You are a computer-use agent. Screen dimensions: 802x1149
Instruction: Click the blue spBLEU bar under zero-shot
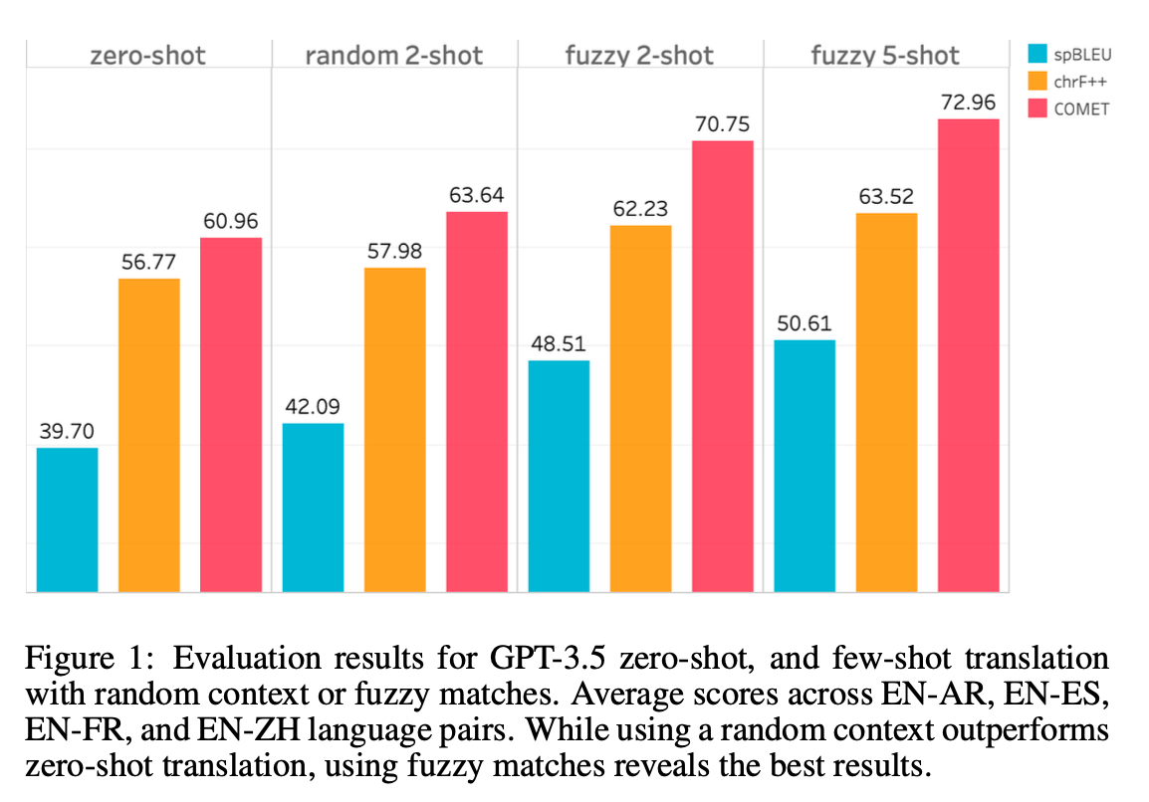pyautogui.click(x=68, y=519)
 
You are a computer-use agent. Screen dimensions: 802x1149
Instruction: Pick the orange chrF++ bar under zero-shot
pyautogui.click(x=149, y=435)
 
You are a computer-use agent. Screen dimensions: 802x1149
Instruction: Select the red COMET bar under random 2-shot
pyautogui.click(x=476, y=402)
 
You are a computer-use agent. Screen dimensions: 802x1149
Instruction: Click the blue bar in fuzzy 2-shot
pyautogui.click(x=559, y=476)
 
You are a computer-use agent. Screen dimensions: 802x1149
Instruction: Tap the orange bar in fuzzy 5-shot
pyautogui.click(x=886, y=402)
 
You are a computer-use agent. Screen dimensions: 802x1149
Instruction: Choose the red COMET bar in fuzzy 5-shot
pyautogui.click(x=968, y=355)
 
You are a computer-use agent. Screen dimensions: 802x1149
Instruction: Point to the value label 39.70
pyautogui.click(x=68, y=432)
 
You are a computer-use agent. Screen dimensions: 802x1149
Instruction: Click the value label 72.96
pyautogui.click(x=968, y=102)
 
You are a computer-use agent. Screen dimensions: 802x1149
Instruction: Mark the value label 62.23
pyautogui.click(x=640, y=209)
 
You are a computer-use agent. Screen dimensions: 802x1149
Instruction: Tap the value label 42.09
pyautogui.click(x=313, y=407)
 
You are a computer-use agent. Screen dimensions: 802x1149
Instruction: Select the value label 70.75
pyautogui.click(x=722, y=124)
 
